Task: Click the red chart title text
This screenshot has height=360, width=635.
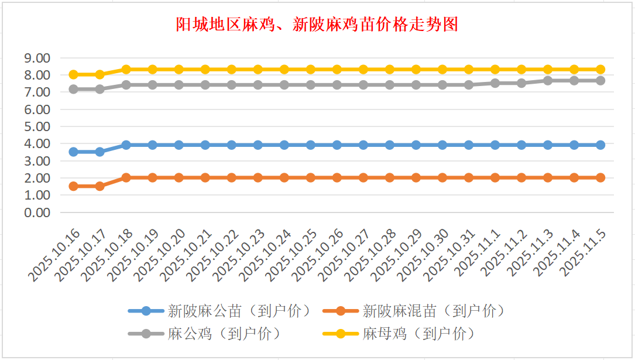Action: [x=317, y=25]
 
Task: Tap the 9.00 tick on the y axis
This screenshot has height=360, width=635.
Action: [x=36, y=58]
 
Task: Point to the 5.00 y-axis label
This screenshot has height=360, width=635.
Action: [x=36, y=126]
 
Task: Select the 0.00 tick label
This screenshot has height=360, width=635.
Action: [x=36, y=212]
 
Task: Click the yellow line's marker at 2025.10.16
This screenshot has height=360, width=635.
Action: [x=74, y=74]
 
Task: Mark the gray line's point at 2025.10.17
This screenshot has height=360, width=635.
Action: [x=100, y=89]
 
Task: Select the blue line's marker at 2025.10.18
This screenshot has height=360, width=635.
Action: [x=126, y=145]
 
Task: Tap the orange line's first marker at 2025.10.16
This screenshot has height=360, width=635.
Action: [x=74, y=186]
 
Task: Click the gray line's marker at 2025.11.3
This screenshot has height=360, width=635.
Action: [x=548, y=80]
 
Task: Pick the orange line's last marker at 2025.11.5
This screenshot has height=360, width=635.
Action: [x=600, y=177]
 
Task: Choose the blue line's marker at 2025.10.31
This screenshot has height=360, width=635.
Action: [x=469, y=145]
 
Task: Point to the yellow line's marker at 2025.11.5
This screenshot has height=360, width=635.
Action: [x=600, y=69]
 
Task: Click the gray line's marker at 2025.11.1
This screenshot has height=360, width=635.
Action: [x=495, y=83]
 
